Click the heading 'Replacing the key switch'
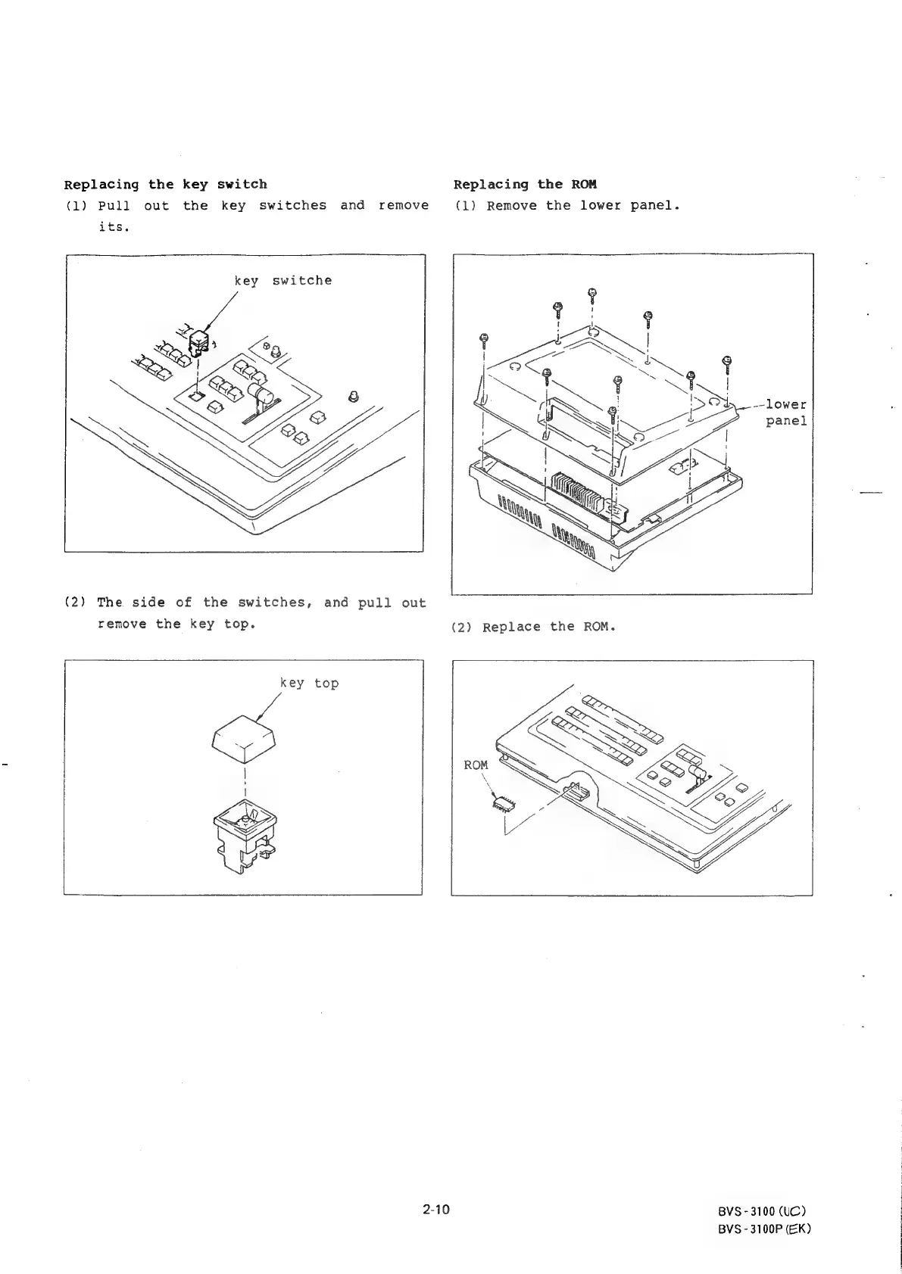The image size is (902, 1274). tap(165, 184)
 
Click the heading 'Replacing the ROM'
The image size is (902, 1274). tap(525, 184)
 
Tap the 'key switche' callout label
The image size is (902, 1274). tap(282, 280)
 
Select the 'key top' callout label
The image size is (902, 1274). tap(309, 683)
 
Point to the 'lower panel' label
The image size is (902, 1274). tap(786, 413)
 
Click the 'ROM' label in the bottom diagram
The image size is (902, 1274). tap(476, 765)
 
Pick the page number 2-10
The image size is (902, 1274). tap(436, 1210)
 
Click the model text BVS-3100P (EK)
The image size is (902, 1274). tap(764, 1229)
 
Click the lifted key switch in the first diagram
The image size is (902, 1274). tap(199, 342)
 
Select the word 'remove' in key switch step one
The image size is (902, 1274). tap(403, 205)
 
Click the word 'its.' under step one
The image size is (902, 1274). tap(114, 227)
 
